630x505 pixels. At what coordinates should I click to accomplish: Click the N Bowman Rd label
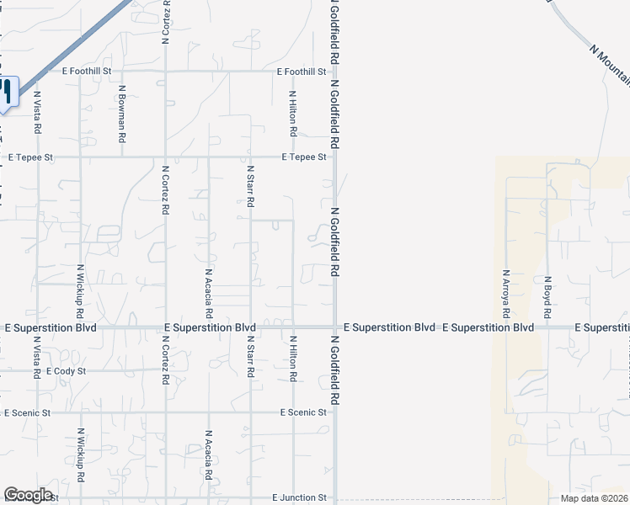point(122,112)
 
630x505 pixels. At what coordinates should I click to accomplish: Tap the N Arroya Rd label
point(506,293)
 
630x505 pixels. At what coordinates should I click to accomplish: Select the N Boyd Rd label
point(547,295)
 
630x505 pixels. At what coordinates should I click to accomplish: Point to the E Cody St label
point(67,370)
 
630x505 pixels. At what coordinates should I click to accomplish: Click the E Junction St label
point(298,498)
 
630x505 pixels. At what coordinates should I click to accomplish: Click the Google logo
point(28,495)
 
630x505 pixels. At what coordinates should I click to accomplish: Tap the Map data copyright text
point(595,498)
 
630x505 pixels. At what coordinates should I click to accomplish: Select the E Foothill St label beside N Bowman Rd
point(88,72)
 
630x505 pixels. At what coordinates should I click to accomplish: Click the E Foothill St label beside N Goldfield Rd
point(301,72)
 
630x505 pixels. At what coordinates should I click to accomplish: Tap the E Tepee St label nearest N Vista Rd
point(30,157)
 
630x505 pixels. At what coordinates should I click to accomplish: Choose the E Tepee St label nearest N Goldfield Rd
point(304,157)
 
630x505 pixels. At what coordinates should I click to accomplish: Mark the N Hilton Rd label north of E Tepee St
point(292,114)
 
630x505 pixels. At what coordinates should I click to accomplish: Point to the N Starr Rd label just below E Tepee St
point(250,187)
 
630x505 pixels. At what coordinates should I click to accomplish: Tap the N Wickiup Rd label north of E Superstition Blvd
point(80,290)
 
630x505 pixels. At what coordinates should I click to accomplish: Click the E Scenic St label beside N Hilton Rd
point(304,412)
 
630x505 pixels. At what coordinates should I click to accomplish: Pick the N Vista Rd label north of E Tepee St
point(37,114)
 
